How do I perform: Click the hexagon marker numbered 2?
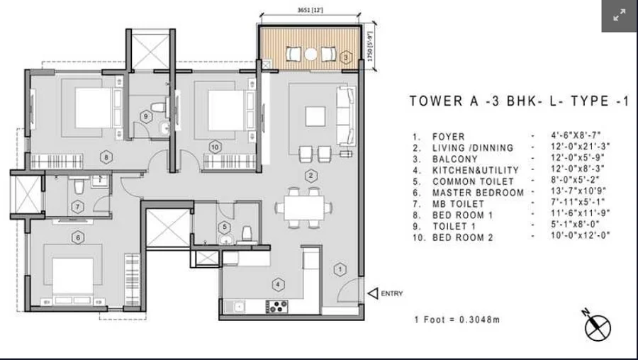pyautogui.click(x=310, y=176)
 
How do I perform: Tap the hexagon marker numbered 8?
pyautogui.click(x=106, y=157)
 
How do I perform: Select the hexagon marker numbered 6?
pyautogui.click(x=78, y=237)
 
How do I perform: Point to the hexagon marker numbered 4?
pyautogui.click(x=278, y=284)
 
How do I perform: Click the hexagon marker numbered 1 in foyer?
pyautogui.click(x=340, y=269)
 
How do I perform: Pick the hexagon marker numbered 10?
pyautogui.click(x=215, y=147)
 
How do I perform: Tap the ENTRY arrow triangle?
pyautogui.click(x=372, y=293)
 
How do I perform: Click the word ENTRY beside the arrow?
pyautogui.click(x=392, y=293)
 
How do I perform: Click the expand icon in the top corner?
pyautogui.click(x=620, y=16)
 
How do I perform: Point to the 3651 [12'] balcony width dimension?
pyautogui.click(x=310, y=10)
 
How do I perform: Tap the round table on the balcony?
pyautogui.click(x=310, y=54)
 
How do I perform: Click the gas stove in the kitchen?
pyautogui.click(x=276, y=306)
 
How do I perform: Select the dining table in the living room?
pyautogui.click(x=304, y=208)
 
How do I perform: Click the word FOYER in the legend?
pyautogui.click(x=449, y=137)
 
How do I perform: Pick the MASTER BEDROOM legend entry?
pyautogui.click(x=478, y=193)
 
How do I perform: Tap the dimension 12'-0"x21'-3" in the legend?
pyautogui.click(x=580, y=146)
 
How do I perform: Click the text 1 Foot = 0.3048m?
pyautogui.click(x=457, y=320)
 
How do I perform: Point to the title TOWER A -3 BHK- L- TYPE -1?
pyautogui.click(x=519, y=101)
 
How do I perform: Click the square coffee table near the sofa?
pyautogui.click(x=315, y=116)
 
